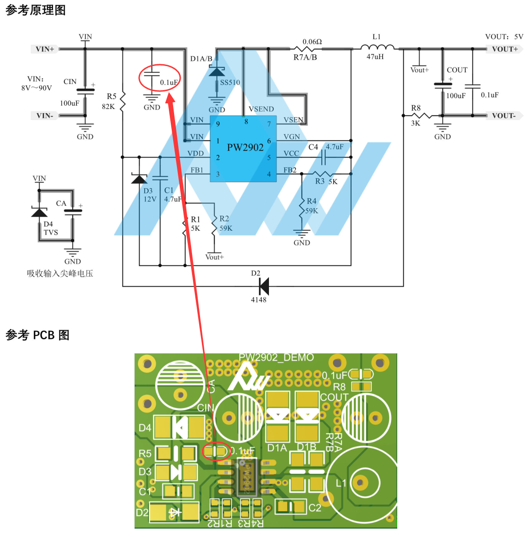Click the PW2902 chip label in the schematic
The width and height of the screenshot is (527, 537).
coord(245,147)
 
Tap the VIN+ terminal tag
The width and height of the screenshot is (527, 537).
coord(45,49)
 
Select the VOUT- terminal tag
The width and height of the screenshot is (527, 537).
coord(504,116)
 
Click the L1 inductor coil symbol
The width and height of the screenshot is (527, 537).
coord(377,47)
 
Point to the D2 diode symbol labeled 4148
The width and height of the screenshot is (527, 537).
coord(264,286)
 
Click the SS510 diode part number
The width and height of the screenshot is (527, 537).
coord(230,83)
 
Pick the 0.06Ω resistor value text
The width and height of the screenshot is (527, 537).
coord(312,42)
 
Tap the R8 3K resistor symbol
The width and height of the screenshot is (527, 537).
coord(421,115)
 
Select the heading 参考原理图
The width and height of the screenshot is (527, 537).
coord(35,10)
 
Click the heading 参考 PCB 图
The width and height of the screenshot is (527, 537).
coord(37,335)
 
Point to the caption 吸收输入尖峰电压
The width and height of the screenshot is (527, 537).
coord(60,273)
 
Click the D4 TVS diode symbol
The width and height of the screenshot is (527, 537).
coord(39,212)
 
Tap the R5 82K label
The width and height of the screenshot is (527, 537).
coord(109,101)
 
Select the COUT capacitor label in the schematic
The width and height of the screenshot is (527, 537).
coord(457,70)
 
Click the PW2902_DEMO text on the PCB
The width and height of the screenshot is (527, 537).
coord(276,358)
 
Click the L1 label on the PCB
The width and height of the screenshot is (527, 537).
coord(341,483)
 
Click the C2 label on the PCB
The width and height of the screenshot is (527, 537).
coord(315,508)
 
